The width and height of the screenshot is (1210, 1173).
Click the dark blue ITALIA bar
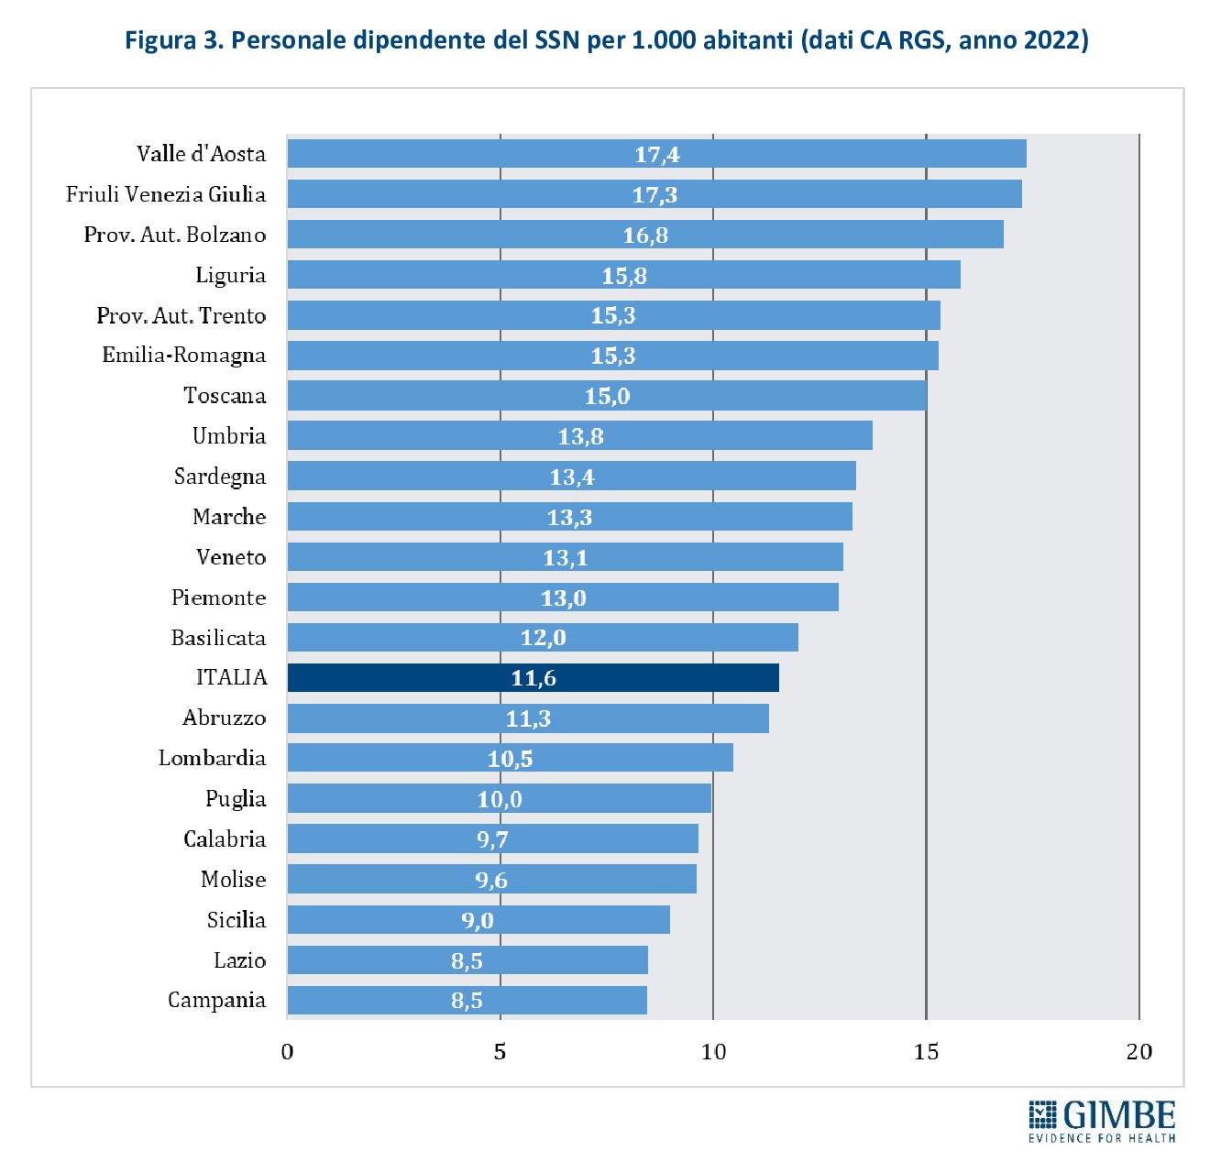coord(533,677)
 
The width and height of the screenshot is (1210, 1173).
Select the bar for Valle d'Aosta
coord(656,154)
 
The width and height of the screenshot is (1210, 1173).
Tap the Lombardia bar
coord(510,758)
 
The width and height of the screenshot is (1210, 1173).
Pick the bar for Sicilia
coord(478,919)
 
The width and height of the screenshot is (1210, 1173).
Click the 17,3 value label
coord(654,194)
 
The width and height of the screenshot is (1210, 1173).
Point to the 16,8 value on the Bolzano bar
coord(645,236)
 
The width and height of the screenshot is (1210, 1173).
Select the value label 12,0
coord(543,638)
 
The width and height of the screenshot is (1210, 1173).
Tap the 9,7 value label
coord(492,839)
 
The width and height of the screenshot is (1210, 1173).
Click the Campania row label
coord(216,1000)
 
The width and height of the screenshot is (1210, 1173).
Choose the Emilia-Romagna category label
coord(183,356)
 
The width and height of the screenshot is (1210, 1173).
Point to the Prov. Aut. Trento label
coord(181,315)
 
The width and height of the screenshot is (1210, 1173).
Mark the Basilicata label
coord(218,638)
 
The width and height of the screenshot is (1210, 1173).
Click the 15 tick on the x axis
coord(926,1051)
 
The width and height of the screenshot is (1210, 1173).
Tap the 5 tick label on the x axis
coord(500,1051)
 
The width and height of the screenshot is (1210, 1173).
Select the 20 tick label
coord(1138,1051)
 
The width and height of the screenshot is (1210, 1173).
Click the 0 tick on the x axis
coord(287,1051)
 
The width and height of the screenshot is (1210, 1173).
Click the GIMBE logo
coord(1102,1120)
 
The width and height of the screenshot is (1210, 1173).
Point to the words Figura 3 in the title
coord(173,40)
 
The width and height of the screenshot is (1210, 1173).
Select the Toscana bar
coord(607,396)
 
